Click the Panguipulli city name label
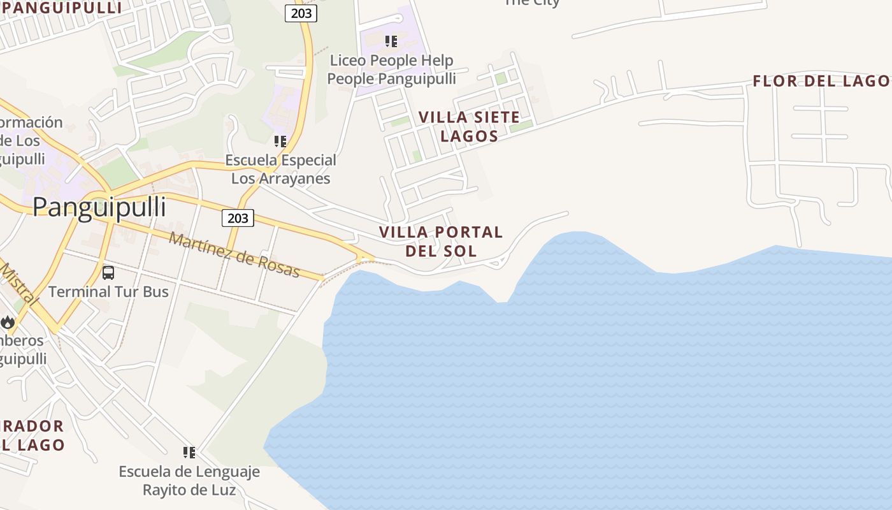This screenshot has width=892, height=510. (99, 207)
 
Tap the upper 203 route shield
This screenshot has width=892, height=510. (301, 13)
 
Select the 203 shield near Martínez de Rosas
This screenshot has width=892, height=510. (238, 218)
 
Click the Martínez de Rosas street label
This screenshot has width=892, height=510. (234, 255)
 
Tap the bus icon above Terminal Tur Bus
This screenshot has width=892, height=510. (108, 273)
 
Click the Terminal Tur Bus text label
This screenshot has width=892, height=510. (108, 292)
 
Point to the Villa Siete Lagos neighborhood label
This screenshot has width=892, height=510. (469, 127)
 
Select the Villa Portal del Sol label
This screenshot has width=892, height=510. (441, 242)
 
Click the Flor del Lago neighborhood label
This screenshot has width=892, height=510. (821, 81)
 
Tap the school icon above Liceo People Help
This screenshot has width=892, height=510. (391, 41)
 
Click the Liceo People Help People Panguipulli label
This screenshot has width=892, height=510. (391, 69)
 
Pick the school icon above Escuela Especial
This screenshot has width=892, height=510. (280, 141)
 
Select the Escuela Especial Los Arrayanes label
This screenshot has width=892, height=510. (280, 169)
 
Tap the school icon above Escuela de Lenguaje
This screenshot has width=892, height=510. (189, 452)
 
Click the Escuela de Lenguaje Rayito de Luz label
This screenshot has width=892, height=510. (189, 481)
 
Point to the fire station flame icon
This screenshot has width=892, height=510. (8, 322)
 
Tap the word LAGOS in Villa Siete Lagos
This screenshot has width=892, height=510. (469, 136)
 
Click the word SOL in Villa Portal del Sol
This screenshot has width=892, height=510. (464, 251)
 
